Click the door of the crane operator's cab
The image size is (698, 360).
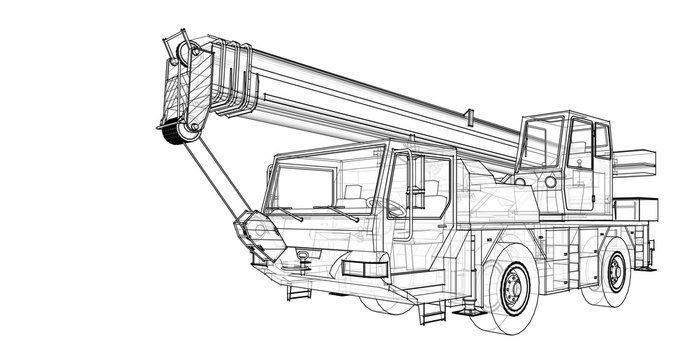click(579, 165)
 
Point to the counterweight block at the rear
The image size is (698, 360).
click(637, 210)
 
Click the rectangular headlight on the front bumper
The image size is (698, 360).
click(364, 267)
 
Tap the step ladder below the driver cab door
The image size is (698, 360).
click(430, 310)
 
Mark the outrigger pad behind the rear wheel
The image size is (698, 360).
click(649, 262)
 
